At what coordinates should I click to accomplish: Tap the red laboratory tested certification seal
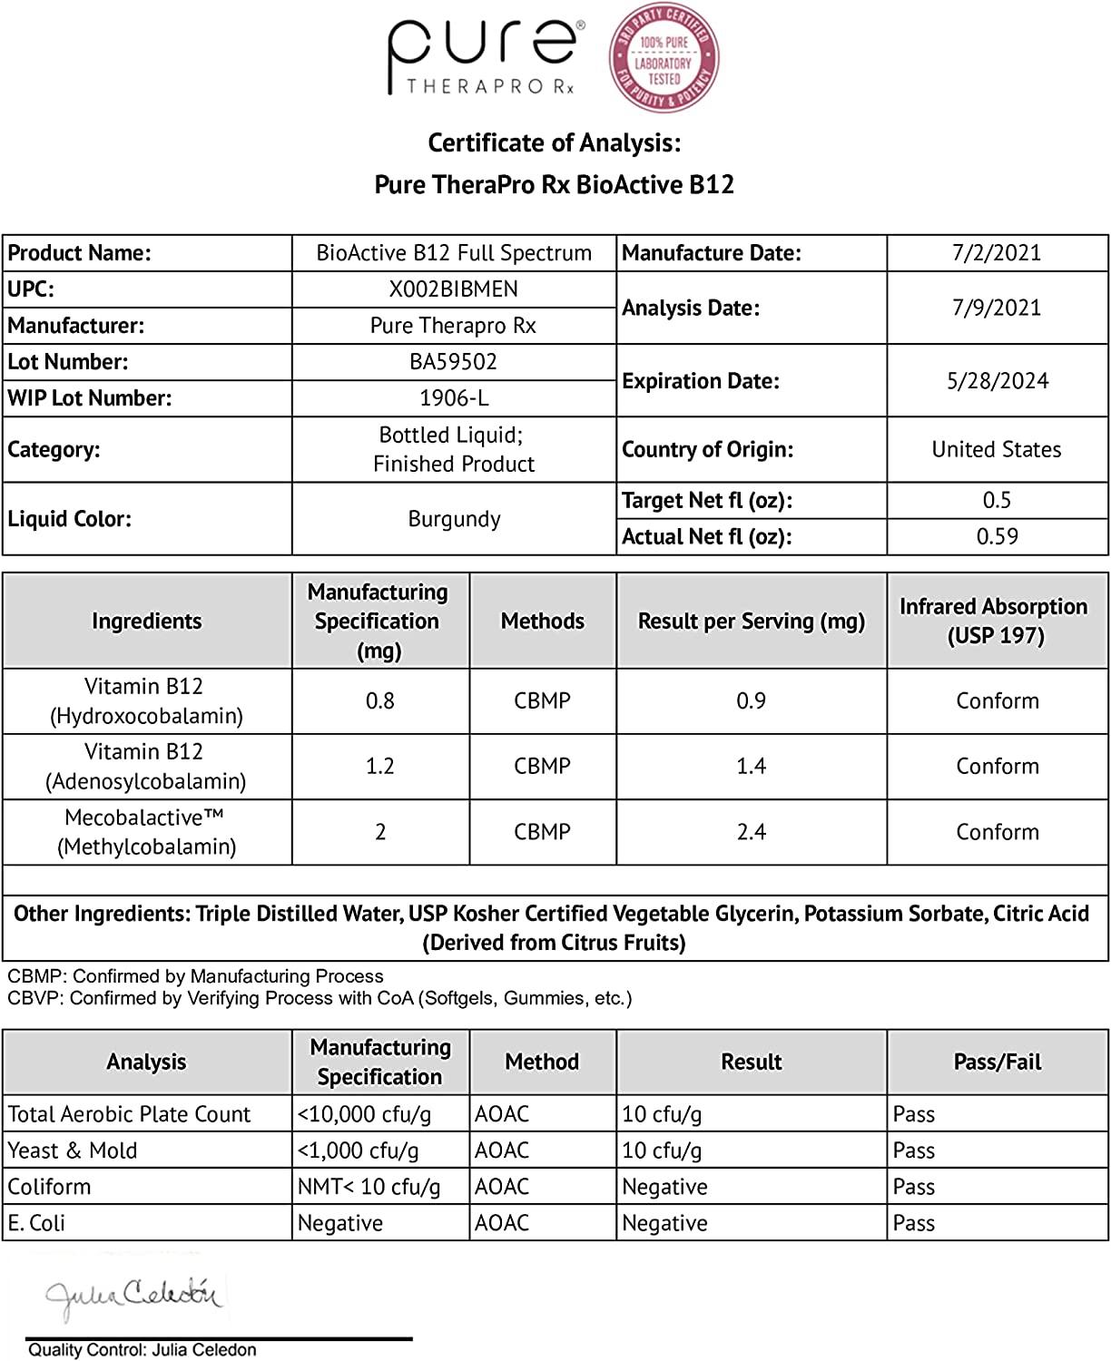click(664, 57)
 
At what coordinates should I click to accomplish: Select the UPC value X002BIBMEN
click(454, 289)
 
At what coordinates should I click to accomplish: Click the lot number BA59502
click(454, 362)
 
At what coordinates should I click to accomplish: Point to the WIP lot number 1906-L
click(454, 398)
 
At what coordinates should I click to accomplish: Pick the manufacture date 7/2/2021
click(997, 253)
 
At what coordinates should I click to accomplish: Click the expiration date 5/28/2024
click(997, 381)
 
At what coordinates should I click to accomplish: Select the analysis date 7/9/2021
click(997, 308)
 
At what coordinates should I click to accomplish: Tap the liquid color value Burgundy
click(454, 519)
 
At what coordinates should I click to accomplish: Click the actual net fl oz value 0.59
click(997, 537)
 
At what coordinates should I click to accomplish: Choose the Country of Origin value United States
click(997, 450)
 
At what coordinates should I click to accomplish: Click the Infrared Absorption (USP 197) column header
click(995, 621)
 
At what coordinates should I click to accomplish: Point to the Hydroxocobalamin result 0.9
click(751, 701)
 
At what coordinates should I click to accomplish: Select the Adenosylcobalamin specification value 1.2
click(379, 767)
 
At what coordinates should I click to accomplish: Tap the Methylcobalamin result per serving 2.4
click(751, 832)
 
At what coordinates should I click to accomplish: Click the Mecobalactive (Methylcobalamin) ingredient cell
click(146, 832)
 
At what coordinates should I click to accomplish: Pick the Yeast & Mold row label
click(73, 1150)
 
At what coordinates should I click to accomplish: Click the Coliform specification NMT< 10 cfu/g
click(369, 1187)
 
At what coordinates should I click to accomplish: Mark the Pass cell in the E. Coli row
click(914, 1223)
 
